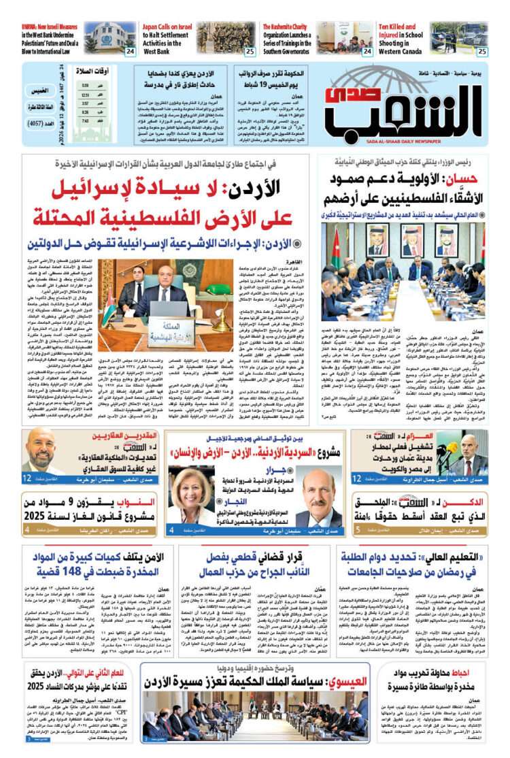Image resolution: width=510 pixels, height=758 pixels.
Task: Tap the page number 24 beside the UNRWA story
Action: coord(129,51)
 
